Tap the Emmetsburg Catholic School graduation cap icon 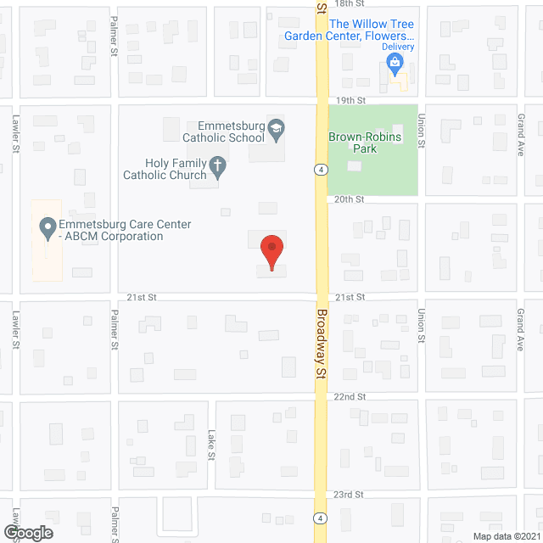pyautogui.click(x=277, y=130)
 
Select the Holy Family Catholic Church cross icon pyautogui.click(x=217, y=167)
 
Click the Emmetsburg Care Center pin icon pyautogui.click(x=47, y=228)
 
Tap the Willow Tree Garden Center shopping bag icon pyautogui.click(x=395, y=61)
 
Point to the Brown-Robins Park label pyautogui.click(x=364, y=142)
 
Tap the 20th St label pyautogui.click(x=349, y=199)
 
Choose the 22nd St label pyautogui.click(x=349, y=396)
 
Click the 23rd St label pyautogui.click(x=349, y=494)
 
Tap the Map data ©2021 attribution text pyautogui.click(x=505, y=535)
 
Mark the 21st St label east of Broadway pyautogui.click(x=349, y=297)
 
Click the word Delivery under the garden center pyautogui.click(x=398, y=47)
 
